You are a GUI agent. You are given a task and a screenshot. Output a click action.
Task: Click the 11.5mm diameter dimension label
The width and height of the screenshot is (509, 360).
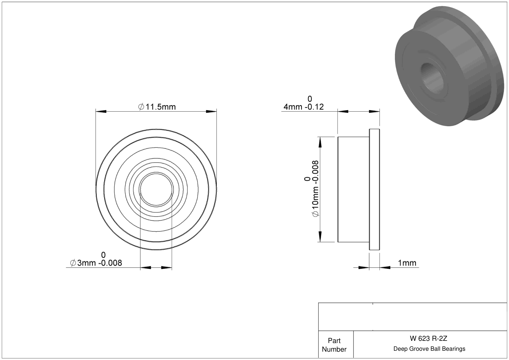tap(157, 107)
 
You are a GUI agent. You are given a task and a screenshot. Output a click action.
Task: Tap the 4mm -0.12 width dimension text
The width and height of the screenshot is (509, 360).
tap(304, 107)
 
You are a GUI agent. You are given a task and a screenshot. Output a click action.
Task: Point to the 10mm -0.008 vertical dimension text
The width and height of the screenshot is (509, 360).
tap(315, 189)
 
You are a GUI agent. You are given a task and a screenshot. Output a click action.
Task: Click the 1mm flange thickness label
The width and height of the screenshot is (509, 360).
tap(407, 263)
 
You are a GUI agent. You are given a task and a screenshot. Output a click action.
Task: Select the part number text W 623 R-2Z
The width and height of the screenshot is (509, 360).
tap(429, 338)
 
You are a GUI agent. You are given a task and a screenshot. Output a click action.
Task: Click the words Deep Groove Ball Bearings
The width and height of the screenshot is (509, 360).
tap(429, 349)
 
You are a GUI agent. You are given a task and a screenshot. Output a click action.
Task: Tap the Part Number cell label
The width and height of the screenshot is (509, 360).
tap(334, 345)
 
